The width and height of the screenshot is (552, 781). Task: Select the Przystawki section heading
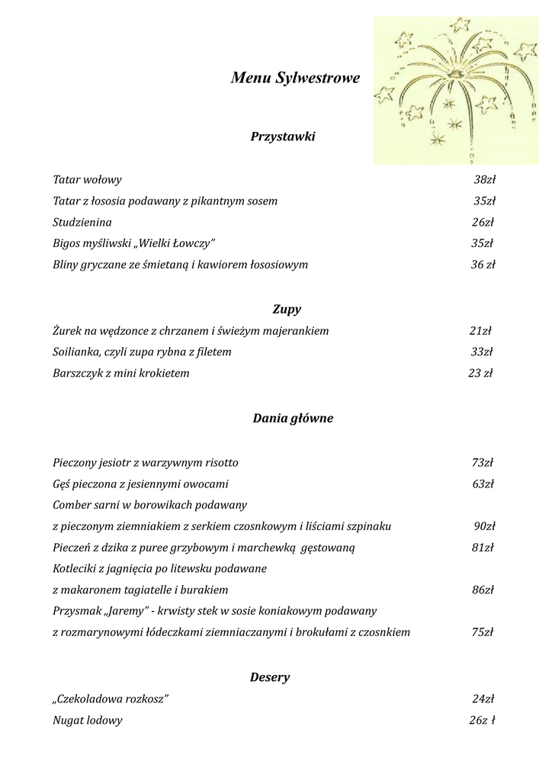coord(283,137)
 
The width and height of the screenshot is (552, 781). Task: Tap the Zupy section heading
coord(287,310)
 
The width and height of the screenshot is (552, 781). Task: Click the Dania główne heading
coord(293,419)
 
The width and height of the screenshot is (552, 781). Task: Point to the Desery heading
coord(270,677)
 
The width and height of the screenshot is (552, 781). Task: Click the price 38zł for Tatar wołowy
coord(484,180)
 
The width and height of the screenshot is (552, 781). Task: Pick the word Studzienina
coord(82,223)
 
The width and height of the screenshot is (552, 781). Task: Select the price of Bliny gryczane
coord(483,265)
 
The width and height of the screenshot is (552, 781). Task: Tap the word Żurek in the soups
coord(67,331)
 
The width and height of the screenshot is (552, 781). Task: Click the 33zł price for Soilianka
coord(481,352)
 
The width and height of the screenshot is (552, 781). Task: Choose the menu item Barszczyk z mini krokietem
coord(121,374)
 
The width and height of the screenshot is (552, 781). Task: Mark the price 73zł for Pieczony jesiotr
coord(483,462)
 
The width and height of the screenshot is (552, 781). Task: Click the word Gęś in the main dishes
coord(63,484)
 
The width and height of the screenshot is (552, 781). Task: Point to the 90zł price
coord(484,526)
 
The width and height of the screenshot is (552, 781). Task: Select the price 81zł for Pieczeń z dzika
coord(483,548)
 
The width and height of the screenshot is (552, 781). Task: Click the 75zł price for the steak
coord(483,632)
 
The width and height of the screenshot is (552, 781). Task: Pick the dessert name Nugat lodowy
coord(88,720)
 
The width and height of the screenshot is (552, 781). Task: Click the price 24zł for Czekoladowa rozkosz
coord(483,699)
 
